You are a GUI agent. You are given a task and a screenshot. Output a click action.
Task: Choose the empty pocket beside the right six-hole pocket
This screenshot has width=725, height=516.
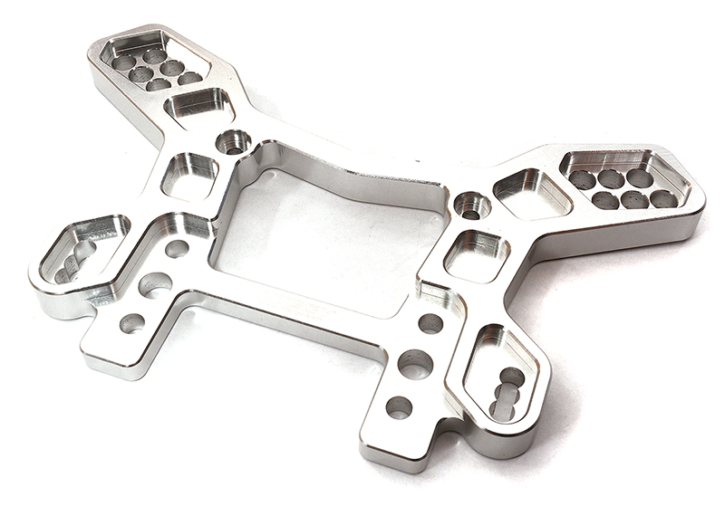pos(531,193)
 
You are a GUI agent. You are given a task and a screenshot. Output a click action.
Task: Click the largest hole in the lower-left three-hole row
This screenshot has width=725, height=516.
pos(157,285)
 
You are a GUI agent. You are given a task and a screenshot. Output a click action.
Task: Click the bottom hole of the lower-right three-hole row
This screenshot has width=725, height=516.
pos(399,407)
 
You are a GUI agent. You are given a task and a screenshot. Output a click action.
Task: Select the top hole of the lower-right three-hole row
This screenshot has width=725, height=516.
pos(430,323)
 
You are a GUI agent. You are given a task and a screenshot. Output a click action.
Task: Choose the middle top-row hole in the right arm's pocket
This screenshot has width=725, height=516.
pos(612,177)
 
